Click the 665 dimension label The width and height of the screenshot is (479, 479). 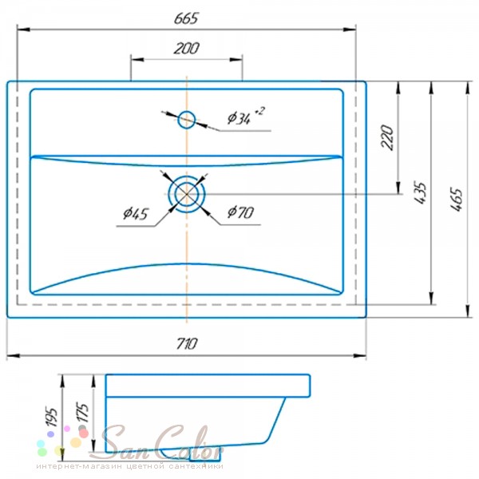tap(186, 18)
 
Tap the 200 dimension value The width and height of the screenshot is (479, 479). tap(186, 48)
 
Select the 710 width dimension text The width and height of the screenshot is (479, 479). tap(187, 343)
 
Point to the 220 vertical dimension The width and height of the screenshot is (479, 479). tap(387, 137)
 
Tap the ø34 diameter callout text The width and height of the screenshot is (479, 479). tap(246, 116)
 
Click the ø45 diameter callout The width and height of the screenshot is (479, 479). tap(136, 213)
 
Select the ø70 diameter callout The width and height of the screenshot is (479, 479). tap(240, 212)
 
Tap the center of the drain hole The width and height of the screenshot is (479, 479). tap(187, 194)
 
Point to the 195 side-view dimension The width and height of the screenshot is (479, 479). tap(51, 417)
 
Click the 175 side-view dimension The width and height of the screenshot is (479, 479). tap(83, 413)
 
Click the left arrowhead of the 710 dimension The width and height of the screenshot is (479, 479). tap(14, 355)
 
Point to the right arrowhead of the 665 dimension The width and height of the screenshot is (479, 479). tap(350, 30)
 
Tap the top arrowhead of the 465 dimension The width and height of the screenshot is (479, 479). tap(467, 88)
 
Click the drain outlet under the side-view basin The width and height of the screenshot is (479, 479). tap(204, 456)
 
